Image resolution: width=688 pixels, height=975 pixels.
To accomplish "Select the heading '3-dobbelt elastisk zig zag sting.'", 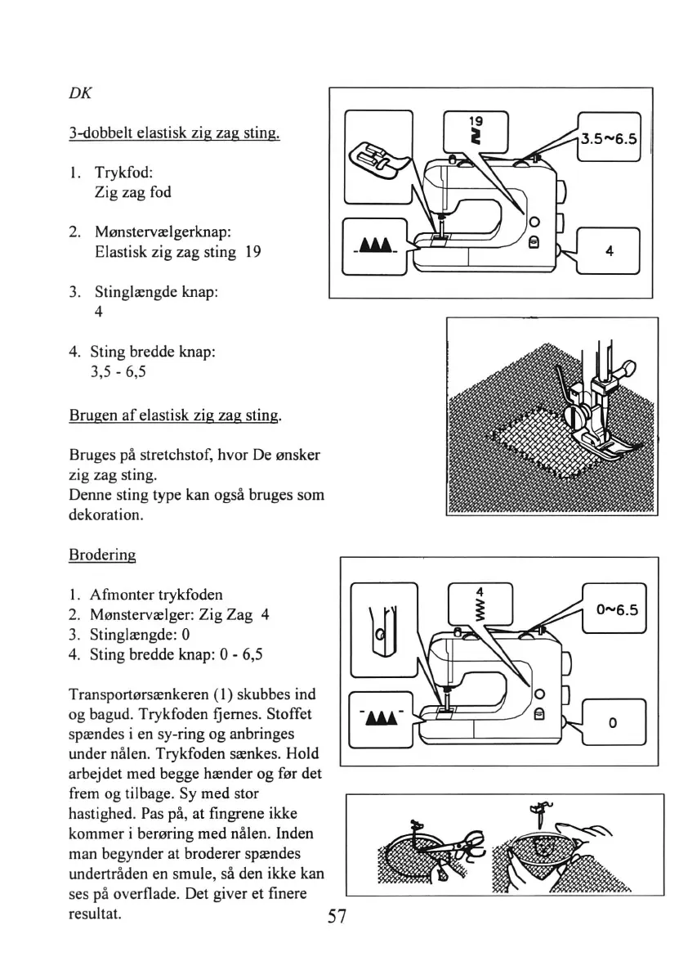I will (173, 132).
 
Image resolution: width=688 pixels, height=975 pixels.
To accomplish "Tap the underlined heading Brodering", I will (102, 554).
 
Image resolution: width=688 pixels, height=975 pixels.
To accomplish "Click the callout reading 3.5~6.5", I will (609, 138).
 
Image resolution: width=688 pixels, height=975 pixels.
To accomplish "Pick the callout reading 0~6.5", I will (614, 609).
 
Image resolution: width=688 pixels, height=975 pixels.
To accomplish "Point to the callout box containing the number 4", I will (609, 252).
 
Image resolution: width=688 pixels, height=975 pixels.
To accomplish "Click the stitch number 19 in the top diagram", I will (474, 121).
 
